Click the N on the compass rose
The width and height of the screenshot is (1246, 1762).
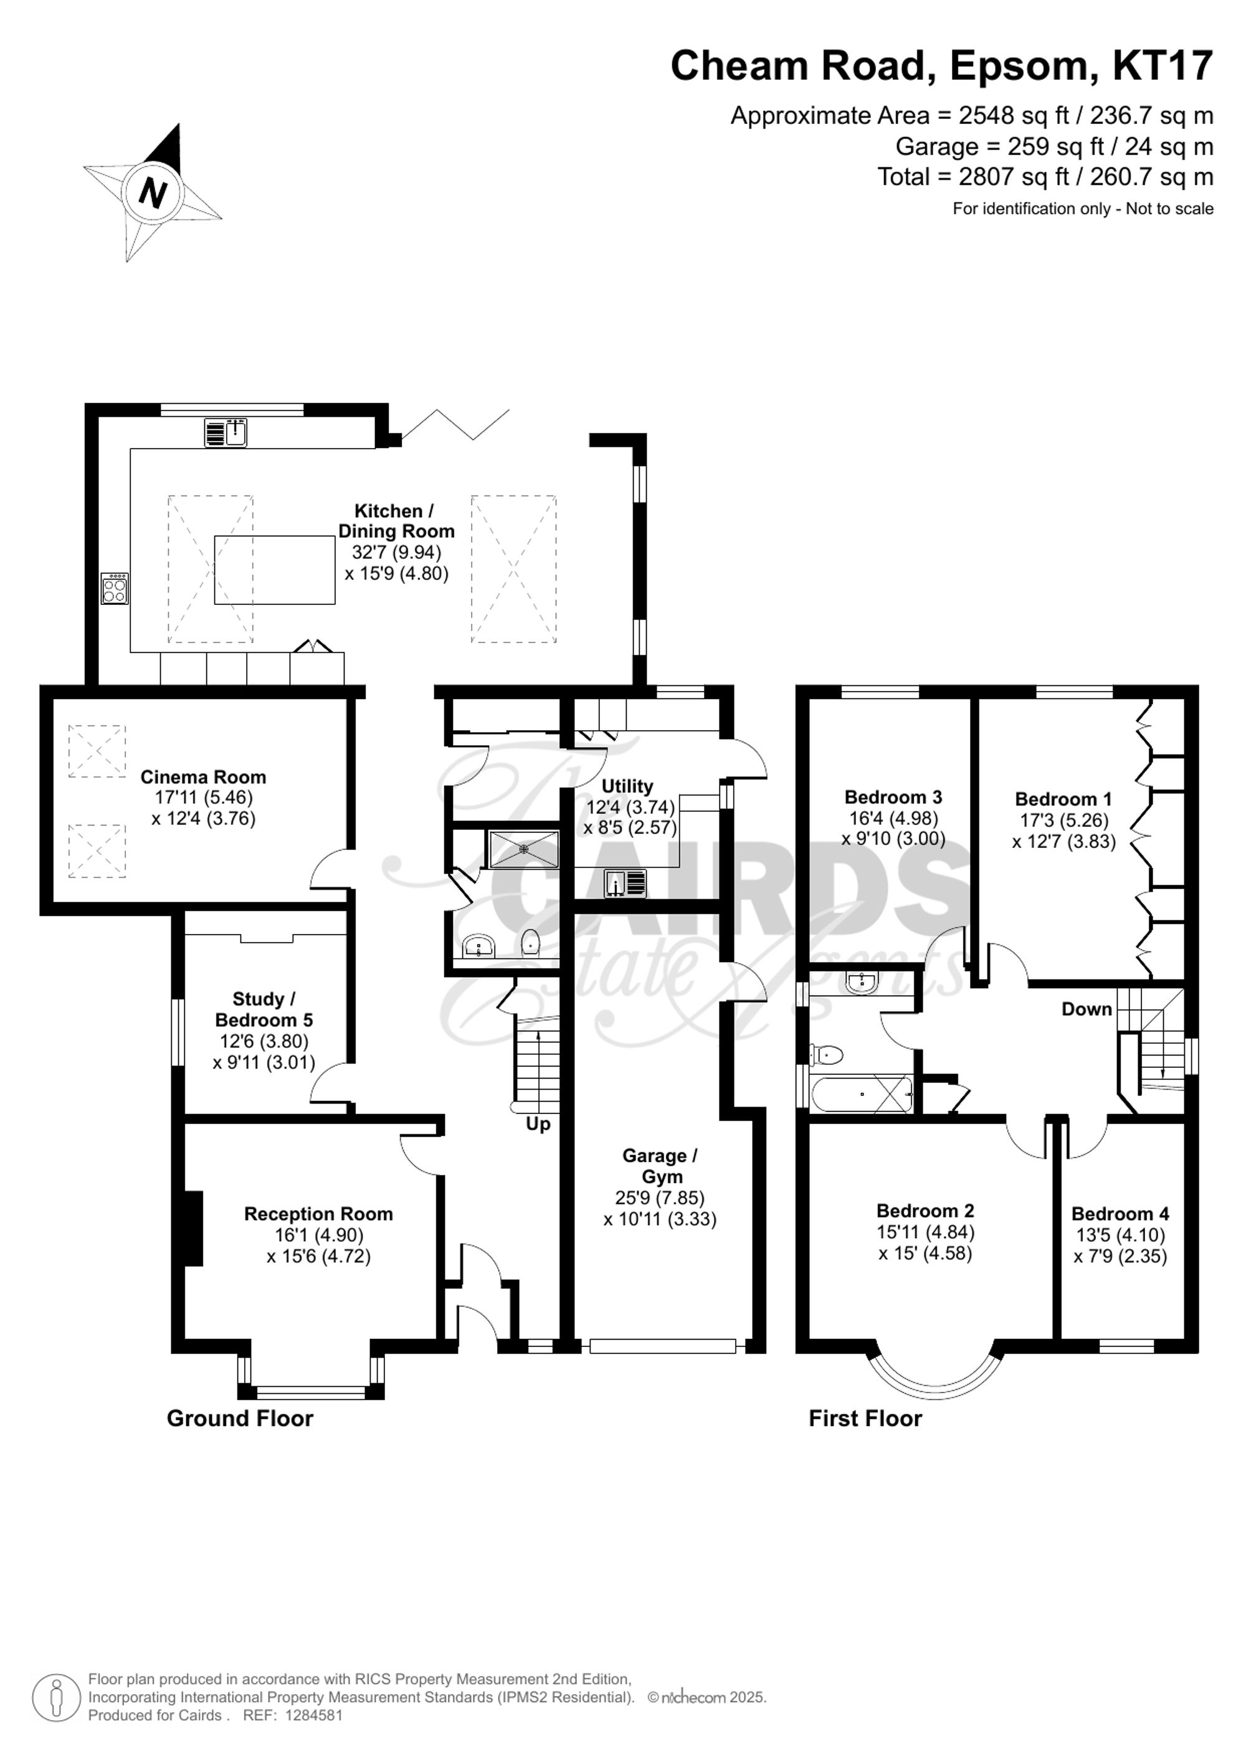point(153,192)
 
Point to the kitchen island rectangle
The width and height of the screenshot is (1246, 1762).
point(275,570)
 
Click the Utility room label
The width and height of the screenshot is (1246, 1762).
point(627,786)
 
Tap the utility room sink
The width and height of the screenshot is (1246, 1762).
point(627,883)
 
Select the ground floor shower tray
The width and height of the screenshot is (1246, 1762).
point(524,849)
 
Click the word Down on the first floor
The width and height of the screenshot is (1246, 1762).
point(1087,1009)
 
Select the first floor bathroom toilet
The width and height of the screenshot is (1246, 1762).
point(825,1055)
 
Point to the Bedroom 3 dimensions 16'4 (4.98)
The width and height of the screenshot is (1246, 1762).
point(893,818)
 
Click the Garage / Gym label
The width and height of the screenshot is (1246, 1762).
point(660,1166)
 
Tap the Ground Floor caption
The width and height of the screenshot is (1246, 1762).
point(240,1418)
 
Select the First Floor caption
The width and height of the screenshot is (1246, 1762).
point(865,1418)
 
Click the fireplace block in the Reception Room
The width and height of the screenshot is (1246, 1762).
point(193,1228)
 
